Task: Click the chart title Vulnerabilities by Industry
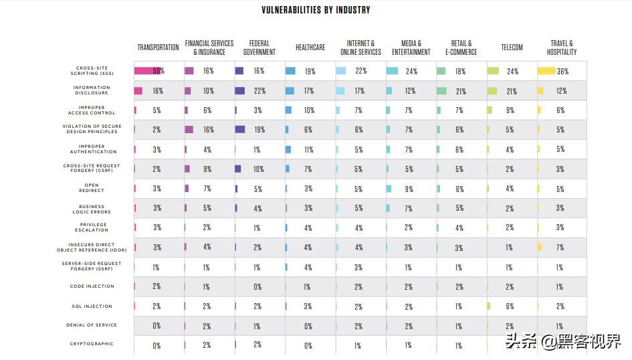[316, 10]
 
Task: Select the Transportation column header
[158, 48]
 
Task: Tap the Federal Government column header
[259, 48]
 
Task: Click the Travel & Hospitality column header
[562, 48]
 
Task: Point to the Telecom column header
[512, 48]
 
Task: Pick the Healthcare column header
[310, 48]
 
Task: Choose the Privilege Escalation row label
[93, 228]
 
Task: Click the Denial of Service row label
[93, 325]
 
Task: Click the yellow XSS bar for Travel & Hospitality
[546, 71]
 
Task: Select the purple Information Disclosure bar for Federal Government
[240, 90]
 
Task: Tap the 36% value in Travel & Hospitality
[562, 71]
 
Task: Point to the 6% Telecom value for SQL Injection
[510, 306]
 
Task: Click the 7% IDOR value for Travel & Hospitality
[560, 248]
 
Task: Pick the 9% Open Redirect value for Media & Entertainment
[409, 189]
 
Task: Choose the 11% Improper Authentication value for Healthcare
[308, 150]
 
